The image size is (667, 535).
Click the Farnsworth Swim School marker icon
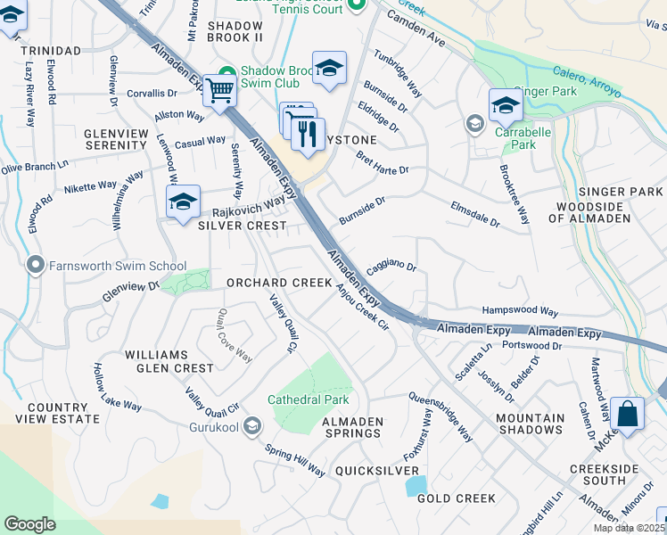[x=36, y=266]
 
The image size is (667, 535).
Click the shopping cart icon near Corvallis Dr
[x=218, y=90]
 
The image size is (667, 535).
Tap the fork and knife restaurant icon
[x=308, y=134]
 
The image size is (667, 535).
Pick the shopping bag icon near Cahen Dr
[x=628, y=415]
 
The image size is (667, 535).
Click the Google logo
[x=29, y=524]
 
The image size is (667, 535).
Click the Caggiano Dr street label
[x=391, y=266]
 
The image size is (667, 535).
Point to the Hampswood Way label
[x=519, y=312]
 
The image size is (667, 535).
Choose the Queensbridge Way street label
[x=441, y=416]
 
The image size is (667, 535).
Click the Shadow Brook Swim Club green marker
[x=226, y=72]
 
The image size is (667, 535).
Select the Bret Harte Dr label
[x=382, y=164]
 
